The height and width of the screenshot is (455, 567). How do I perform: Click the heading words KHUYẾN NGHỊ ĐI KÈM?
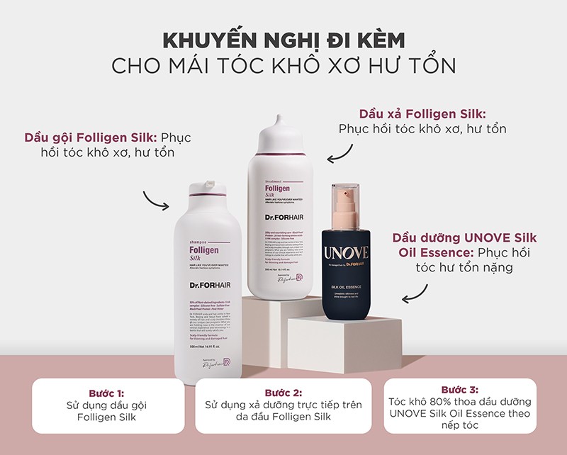(283, 38)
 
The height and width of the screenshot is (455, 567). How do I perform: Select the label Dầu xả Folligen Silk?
(422, 113)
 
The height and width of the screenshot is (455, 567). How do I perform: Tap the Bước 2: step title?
(283, 393)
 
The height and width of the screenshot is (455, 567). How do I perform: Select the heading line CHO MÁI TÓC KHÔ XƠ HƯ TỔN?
(283, 65)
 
